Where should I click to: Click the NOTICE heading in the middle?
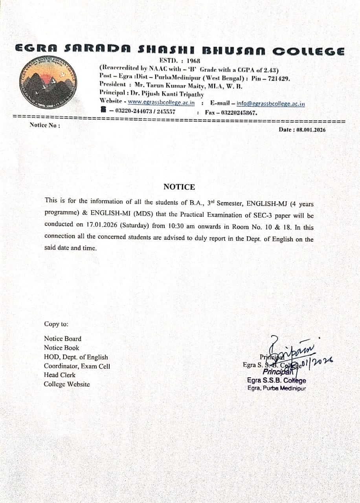pos(179,187)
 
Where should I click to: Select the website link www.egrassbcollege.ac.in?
pos(161,103)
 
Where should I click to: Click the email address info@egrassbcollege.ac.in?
pos(271,104)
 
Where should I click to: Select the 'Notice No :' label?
pos(45,125)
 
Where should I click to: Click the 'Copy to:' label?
pos(56,324)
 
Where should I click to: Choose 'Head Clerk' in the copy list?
pos(60,375)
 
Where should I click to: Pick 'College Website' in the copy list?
pos(67,384)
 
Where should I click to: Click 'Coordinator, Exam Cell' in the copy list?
pos(77,366)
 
